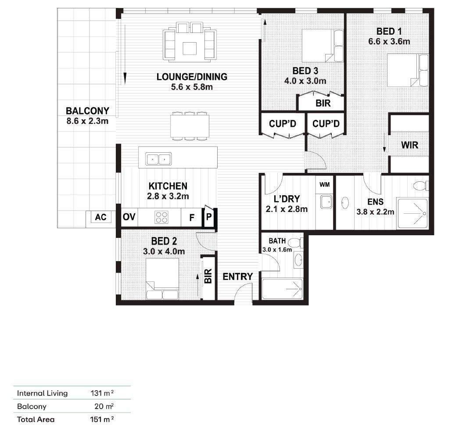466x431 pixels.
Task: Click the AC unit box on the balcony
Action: click(100, 217)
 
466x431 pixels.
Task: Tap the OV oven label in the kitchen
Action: click(129, 217)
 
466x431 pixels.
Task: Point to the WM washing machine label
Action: click(325, 184)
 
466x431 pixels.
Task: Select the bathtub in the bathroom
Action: click(282, 288)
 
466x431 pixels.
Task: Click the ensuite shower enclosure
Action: click(412, 213)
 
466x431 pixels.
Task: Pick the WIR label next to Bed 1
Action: click(410, 145)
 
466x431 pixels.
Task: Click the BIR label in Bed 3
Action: click(323, 104)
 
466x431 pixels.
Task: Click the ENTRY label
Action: click(237, 277)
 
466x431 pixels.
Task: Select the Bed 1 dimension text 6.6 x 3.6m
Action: click(389, 42)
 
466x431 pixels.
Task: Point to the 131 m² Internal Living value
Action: click(102, 393)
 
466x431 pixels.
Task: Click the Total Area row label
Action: click(36, 419)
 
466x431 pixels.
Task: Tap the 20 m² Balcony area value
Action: click(104, 406)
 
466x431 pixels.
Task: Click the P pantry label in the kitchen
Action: click(209, 217)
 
